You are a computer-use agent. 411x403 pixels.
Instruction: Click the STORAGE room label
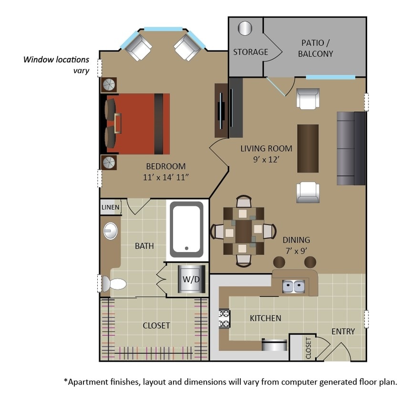coord(250,52)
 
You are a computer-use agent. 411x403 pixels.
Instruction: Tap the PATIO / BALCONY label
coord(315,48)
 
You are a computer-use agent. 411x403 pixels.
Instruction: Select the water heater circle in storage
coord(245,28)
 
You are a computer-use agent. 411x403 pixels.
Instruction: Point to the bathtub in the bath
coord(187,227)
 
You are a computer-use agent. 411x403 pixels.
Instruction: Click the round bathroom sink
coord(111,232)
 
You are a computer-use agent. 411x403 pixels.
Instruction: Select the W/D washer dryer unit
coord(191,279)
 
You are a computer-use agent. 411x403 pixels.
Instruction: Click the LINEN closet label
coord(110,207)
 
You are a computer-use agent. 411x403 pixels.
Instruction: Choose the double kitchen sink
coord(294,286)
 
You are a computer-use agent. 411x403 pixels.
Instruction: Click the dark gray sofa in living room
coord(350,148)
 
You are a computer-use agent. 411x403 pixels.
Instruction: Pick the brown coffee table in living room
coord(308,148)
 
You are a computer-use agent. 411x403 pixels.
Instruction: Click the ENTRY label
coord(343,331)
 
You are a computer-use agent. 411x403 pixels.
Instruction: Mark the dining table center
coord(244,231)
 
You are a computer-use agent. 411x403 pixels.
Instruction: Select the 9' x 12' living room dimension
coord(266,159)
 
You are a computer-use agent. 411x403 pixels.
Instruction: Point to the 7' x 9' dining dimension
coord(296,250)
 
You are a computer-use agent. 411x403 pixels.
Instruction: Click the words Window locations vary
coord(57,65)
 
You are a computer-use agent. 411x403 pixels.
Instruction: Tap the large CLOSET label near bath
coord(156,326)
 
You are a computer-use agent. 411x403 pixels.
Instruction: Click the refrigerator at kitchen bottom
coord(275,345)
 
